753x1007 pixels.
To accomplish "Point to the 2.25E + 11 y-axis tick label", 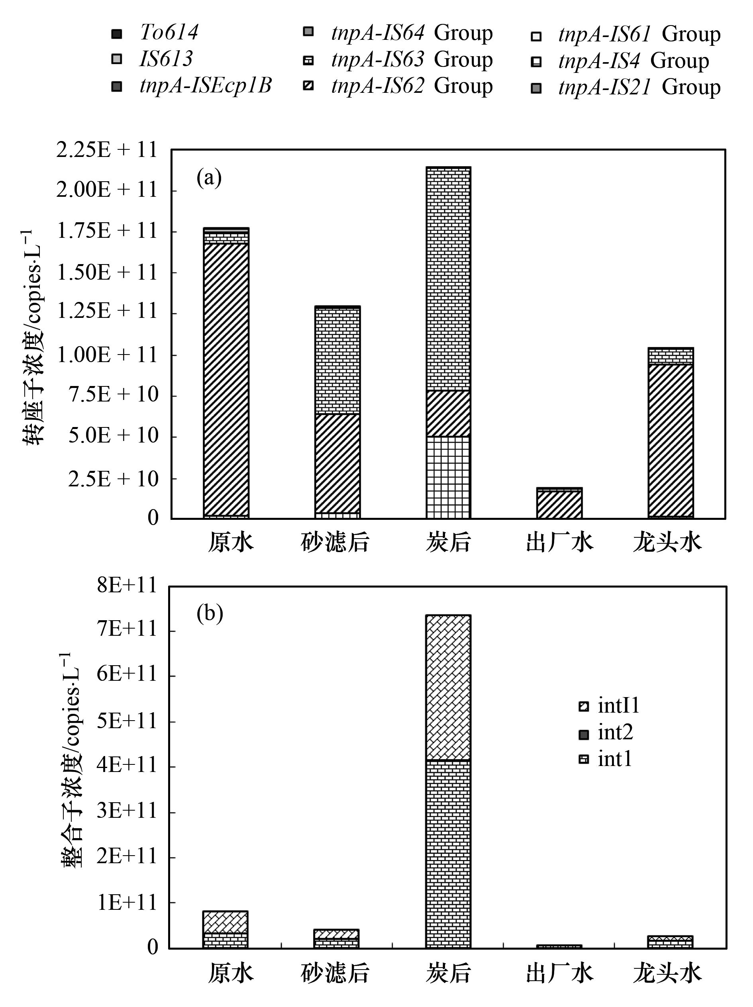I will tap(106, 150).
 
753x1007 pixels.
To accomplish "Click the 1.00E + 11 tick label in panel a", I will tap(106, 355).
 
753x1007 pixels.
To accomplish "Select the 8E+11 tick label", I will tap(126, 586).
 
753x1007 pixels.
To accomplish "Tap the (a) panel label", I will tap(209, 178).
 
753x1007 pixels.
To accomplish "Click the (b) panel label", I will tap(210, 614).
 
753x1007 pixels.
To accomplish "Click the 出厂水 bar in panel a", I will tap(559, 503).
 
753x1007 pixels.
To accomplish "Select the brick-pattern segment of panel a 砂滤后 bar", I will tap(337, 360).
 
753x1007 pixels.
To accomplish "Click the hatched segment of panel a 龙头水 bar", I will tap(671, 440).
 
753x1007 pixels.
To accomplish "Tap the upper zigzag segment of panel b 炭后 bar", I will tap(448, 688).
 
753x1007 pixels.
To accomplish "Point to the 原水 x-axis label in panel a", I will tap(231, 543).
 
